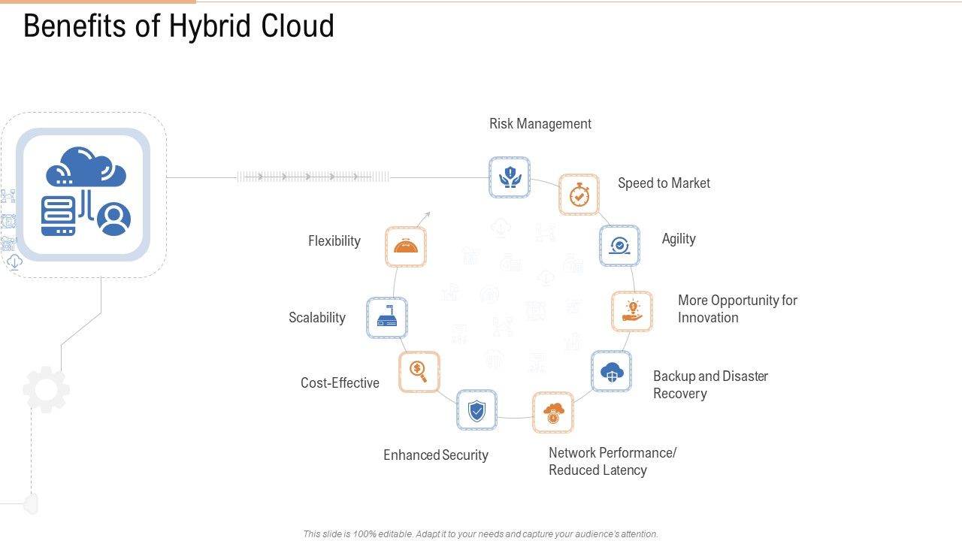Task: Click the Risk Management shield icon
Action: click(x=510, y=177)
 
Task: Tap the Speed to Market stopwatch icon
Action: click(x=579, y=195)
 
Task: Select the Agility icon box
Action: click(x=619, y=246)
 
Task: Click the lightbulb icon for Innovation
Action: click(x=631, y=312)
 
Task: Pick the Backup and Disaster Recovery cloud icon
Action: click(x=611, y=371)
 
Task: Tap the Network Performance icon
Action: click(x=553, y=413)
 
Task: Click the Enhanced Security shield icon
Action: click(x=476, y=410)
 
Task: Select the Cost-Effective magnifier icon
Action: click(x=419, y=371)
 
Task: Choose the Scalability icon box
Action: click(x=387, y=318)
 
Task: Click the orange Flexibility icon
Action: click(x=406, y=246)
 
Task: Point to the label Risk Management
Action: click(x=540, y=124)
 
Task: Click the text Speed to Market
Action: click(x=664, y=183)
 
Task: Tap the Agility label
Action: click(x=679, y=239)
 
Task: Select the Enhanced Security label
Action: click(x=436, y=455)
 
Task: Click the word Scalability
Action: click(x=317, y=318)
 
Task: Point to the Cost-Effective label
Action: click(x=340, y=383)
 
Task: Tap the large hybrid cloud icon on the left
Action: click(x=83, y=195)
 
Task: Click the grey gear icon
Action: click(x=46, y=389)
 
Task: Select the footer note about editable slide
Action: click(x=480, y=534)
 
